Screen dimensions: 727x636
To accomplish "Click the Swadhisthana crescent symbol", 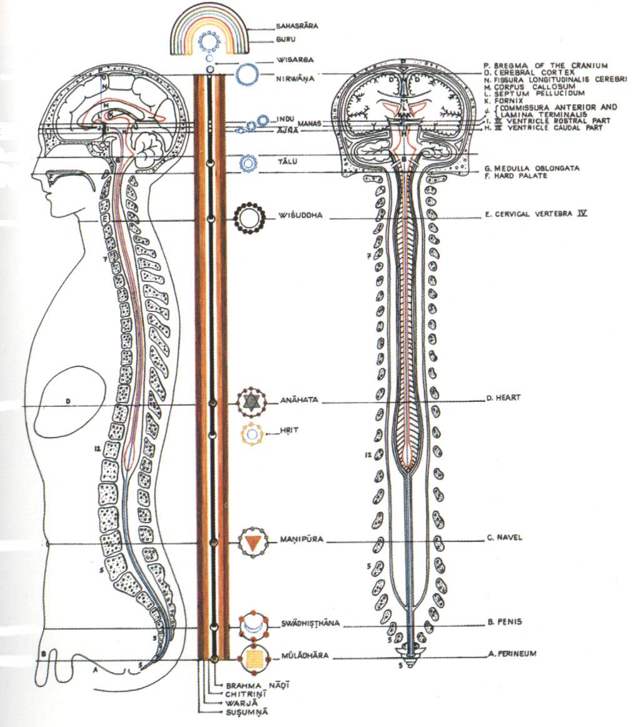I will pyautogui.click(x=253, y=625).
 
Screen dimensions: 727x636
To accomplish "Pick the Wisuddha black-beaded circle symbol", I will pyautogui.click(x=249, y=218).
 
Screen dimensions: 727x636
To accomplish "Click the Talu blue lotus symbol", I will pyautogui.click(x=248, y=163).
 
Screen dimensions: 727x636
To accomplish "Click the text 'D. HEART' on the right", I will pyautogui.click(x=504, y=398).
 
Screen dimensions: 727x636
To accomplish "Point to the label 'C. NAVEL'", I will pyautogui.click(x=504, y=537).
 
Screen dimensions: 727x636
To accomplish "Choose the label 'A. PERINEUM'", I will pyautogui.click(x=512, y=654).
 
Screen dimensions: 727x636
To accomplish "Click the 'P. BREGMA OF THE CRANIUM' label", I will pyautogui.click(x=546, y=65).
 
